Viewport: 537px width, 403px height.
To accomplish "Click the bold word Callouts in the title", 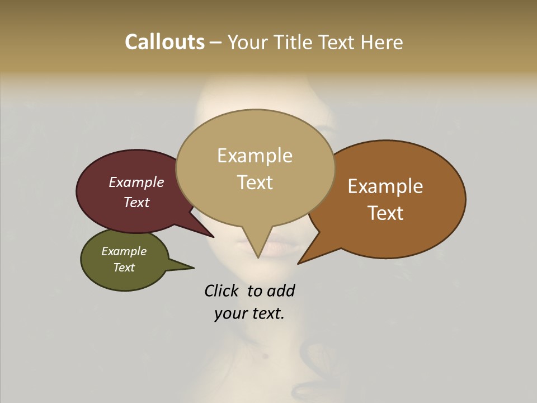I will [164, 42].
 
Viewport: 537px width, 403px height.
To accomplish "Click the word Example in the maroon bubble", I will [136, 182].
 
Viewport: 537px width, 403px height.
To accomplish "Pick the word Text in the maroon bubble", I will [136, 202].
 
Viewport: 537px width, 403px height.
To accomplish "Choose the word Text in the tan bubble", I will [255, 182].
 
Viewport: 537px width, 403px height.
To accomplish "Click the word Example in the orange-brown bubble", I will [385, 186].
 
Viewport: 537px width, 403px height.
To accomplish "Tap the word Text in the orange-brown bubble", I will [385, 213].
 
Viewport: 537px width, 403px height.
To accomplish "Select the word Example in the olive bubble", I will [124, 251].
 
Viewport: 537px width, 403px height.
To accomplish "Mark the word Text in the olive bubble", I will [124, 268].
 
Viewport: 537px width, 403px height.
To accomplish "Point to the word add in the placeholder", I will [281, 290].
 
